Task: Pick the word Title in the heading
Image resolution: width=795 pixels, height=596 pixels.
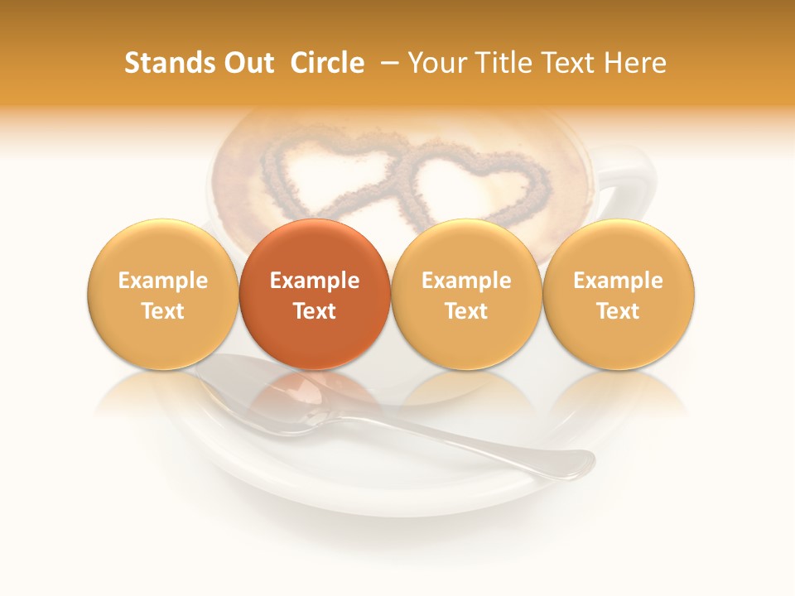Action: coord(507,63)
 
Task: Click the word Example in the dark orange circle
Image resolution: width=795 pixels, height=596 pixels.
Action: coord(315,281)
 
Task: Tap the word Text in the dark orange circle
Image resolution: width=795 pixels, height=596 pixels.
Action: coord(315,311)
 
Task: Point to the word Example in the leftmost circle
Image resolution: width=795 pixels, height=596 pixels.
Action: coord(162,281)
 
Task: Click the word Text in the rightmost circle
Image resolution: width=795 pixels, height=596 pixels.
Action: coord(619,311)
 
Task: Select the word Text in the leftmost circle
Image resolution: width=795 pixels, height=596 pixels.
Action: coord(162,311)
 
